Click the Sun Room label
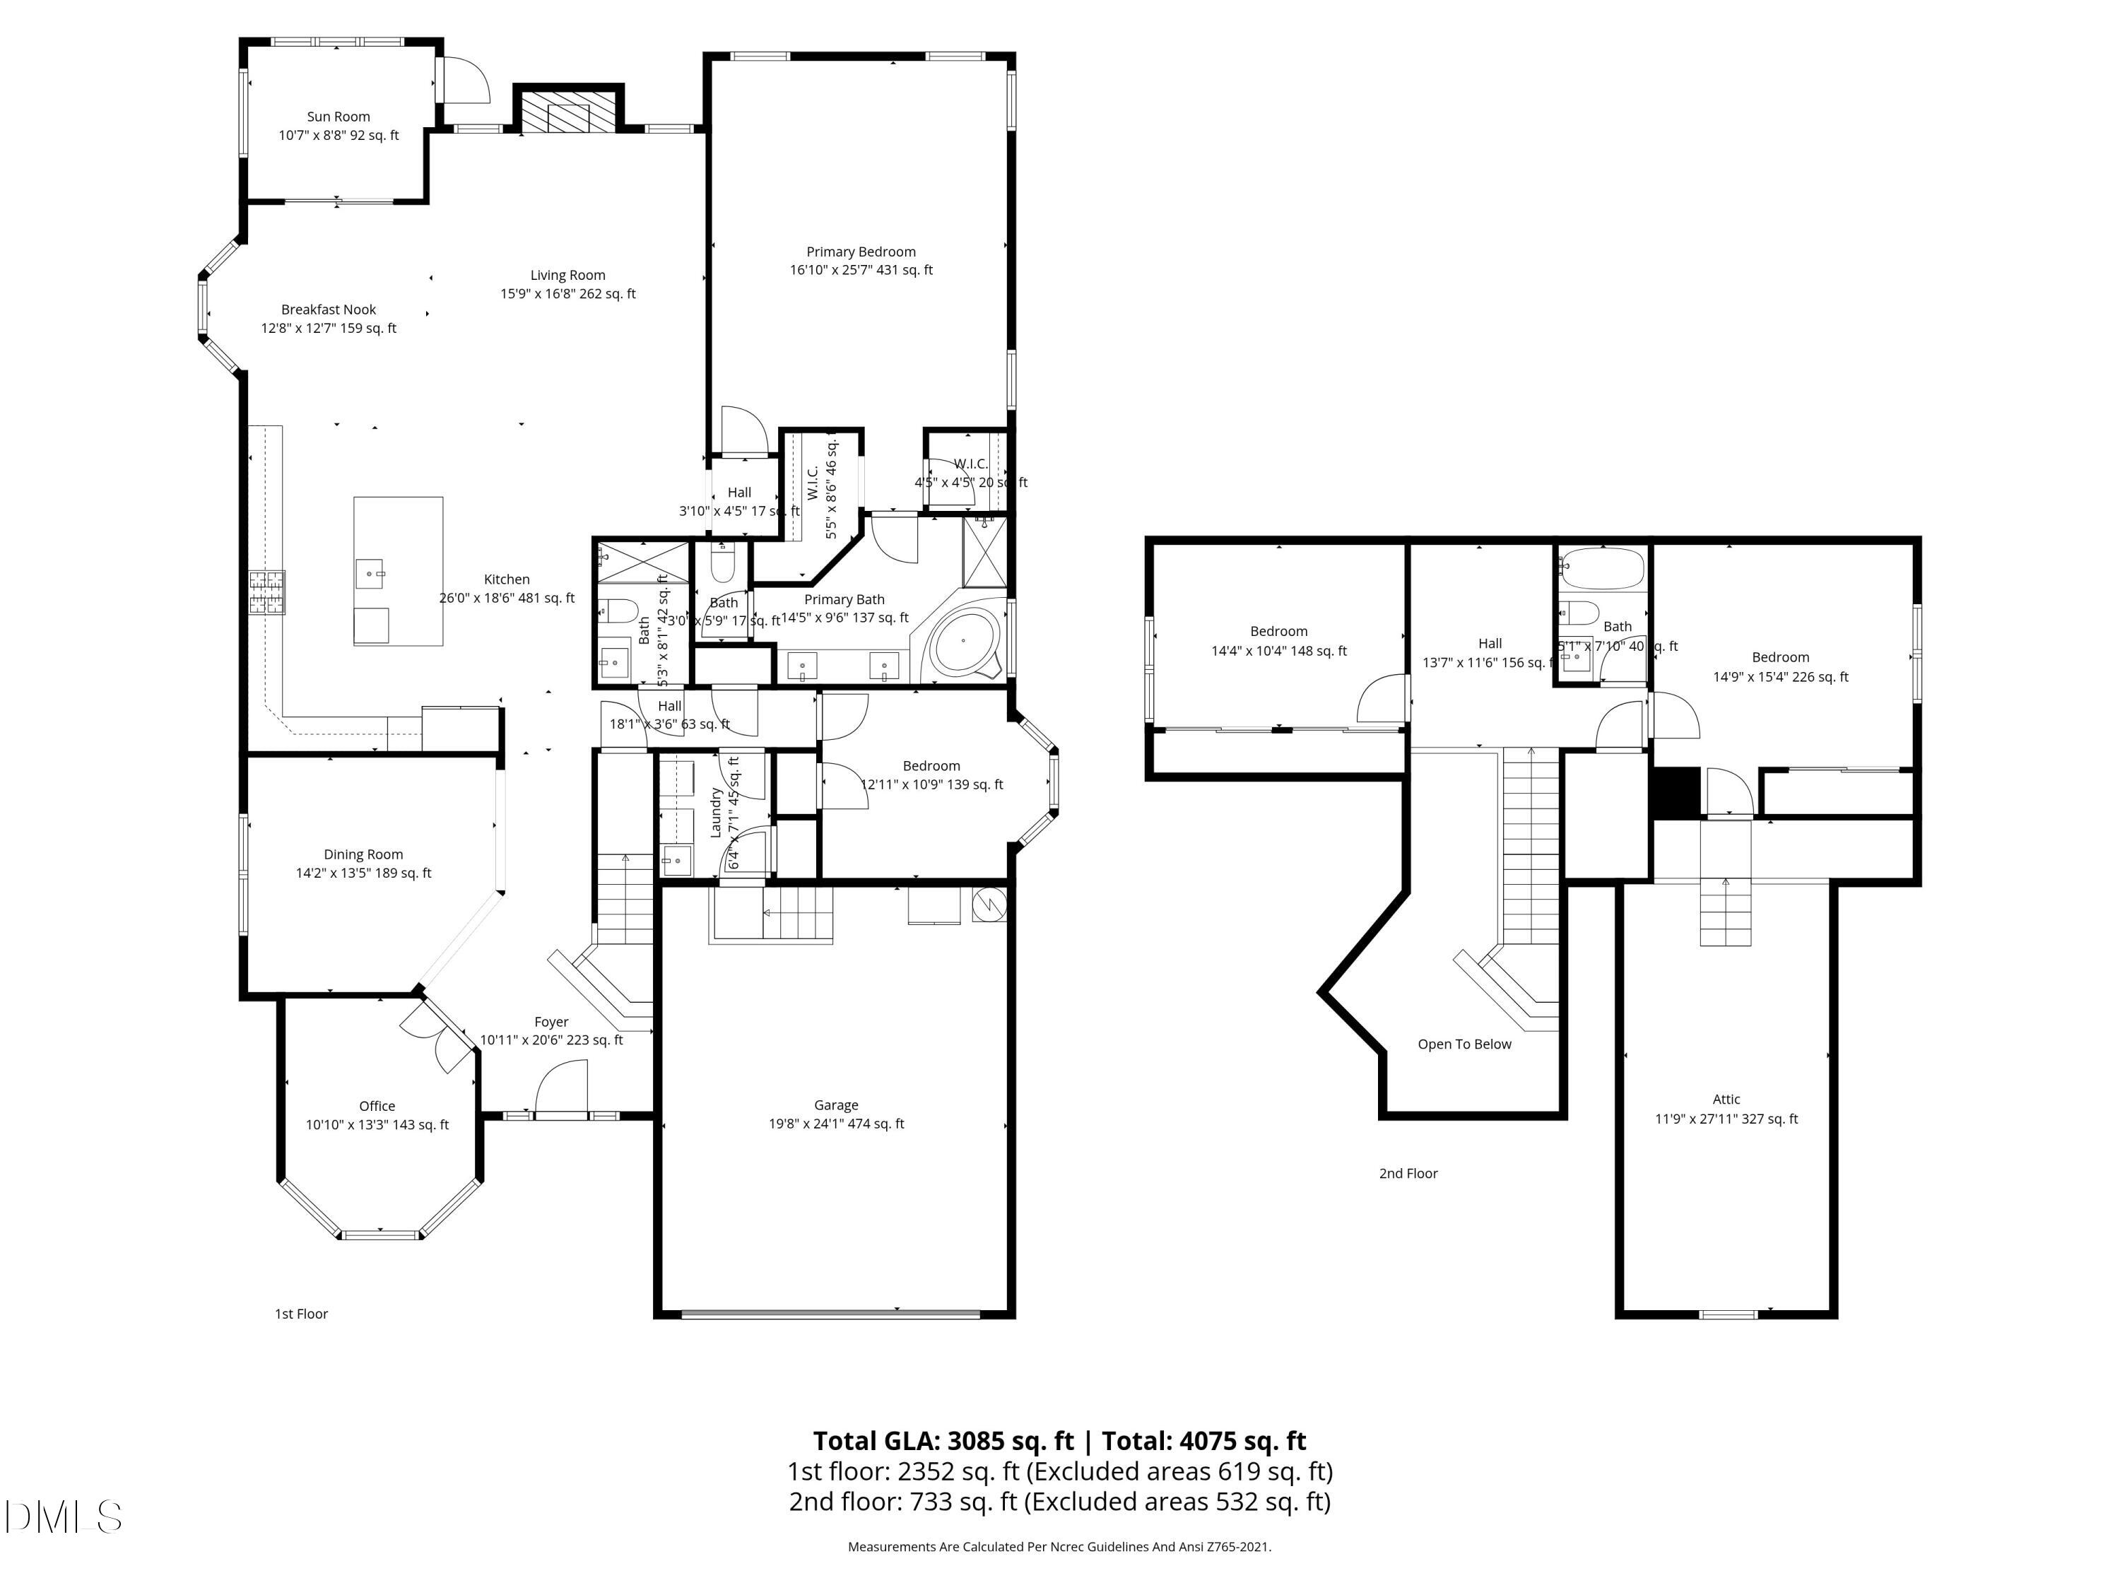[x=338, y=117]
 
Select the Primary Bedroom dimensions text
[x=861, y=270]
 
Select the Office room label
[x=377, y=1106]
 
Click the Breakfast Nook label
[x=328, y=310]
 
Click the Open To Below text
[x=1464, y=1044]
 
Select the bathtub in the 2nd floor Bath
[x=1601, y=568]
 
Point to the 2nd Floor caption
[x=1408, y=1173]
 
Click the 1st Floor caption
[x=301, y=1314]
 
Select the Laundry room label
[x=716, y=813]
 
